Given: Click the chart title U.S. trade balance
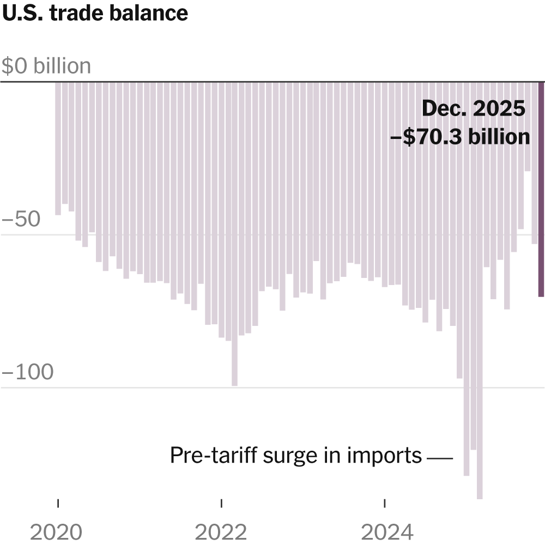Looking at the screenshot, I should pyautogui.click(x=95, y=13).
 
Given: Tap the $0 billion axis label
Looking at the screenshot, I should pyautogui.click(x=46, y=66).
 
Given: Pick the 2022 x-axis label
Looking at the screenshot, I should pyautogui.click(x=221, y=531).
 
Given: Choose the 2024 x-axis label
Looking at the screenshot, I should pyautogui.click(x=385, y=531).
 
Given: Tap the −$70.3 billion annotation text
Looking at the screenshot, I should pyautogui.click(x=461, y=136).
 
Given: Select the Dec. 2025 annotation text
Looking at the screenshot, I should pyautogui.click(x=474, y=109).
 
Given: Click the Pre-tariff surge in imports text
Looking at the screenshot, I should pyautogui.click(x=296, y=456).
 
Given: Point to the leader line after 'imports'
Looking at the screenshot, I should pyautogui.click(x=440, y=459).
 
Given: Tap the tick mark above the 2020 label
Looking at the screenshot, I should pyautogui.click(x=58, y=502).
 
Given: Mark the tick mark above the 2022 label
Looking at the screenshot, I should pyautogui.click(x=221, y=502).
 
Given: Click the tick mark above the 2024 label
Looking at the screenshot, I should pyautogui.click(x=385, y=502).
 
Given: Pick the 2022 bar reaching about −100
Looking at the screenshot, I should pyautogui.click(x=235, y=234).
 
